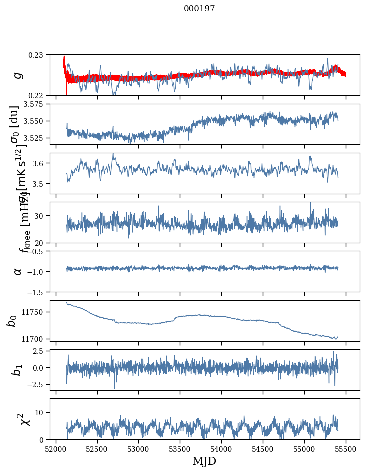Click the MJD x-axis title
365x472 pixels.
click(204, 461)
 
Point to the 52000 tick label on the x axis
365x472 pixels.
click(56, 448)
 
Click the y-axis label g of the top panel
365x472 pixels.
click(18, 75)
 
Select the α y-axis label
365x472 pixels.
click(18, 271)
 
